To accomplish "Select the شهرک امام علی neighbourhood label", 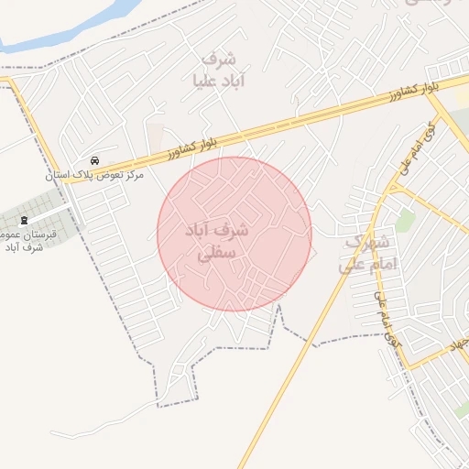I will point(367,254).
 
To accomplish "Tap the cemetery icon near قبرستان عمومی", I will point(24,220).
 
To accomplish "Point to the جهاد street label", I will point(455,344).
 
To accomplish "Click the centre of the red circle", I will point(234,234).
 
